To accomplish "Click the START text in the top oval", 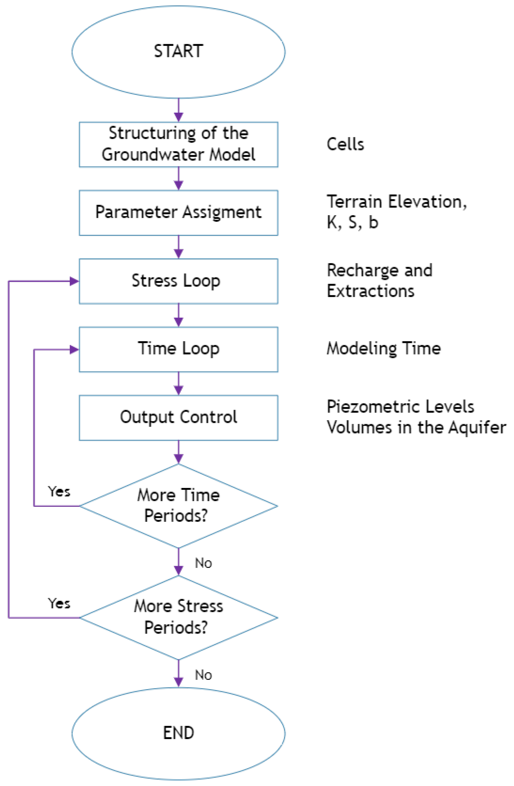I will pyautogui.click(x=178, y=51).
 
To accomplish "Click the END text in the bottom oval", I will pyautogui.click(x=178, y=733).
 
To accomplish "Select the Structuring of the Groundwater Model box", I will pyautogui.click(x=178, y=144).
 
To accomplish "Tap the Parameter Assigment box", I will pyautogui.click(x=178, y=212).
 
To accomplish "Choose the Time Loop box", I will pyautogui.click(x=178, y=349).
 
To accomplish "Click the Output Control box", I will pyautogui.click(x=178, y=417).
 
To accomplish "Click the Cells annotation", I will pyautogui.click(x=345, y=144).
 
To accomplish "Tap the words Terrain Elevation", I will pyautogui.click(x=396, y=201).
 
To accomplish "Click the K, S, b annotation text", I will pyautogui.click(x=352, y=222).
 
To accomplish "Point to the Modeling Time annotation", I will pyautogui.click(x=383, y=348).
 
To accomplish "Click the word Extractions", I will pyautogui.click(x=370, y=291).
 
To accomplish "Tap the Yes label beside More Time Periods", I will pyautogui.click(x=59, y=491).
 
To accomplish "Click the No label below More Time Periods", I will pyautogui.click(x=203, y=563).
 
